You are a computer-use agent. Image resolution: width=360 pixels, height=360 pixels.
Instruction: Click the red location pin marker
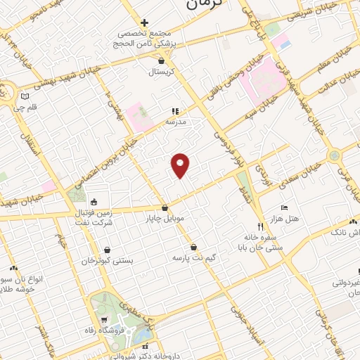click(181, 165)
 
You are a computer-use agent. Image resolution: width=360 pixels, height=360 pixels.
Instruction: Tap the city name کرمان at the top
click(205, 4)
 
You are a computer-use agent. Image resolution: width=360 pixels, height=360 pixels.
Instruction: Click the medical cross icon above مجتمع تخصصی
click(144, 22)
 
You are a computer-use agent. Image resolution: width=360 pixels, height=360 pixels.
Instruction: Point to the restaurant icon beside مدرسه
click(175, 111)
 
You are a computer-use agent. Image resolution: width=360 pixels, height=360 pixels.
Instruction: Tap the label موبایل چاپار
click(165, 219)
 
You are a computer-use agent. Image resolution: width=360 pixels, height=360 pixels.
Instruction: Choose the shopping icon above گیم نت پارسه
click(193, 247)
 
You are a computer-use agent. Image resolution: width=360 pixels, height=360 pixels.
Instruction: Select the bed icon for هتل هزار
click(284, 207)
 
